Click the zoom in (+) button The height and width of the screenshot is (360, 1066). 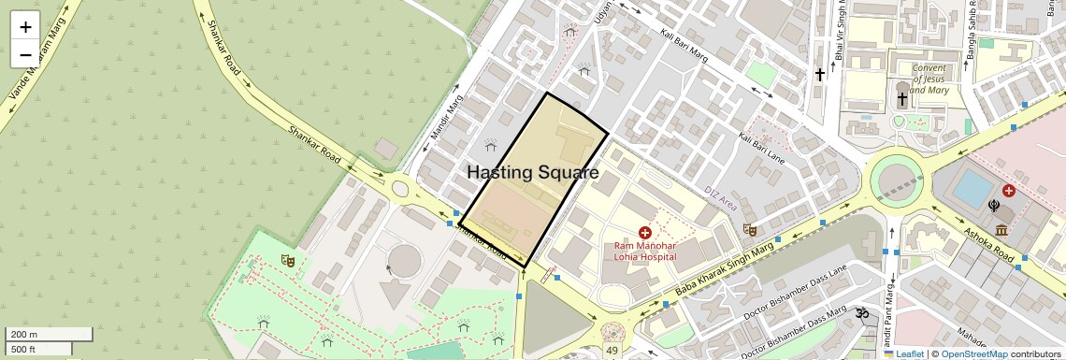point(25,27)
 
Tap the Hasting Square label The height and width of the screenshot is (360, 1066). point(532,173)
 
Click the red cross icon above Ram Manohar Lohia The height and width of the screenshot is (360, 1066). point(645,231)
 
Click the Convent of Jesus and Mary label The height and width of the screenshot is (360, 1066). point(929,79)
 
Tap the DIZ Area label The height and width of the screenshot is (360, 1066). point(721,197)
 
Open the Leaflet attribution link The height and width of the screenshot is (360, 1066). point(903,353)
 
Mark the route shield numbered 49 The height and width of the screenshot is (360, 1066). point(612,351)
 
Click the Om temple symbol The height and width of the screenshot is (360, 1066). point(861,315)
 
